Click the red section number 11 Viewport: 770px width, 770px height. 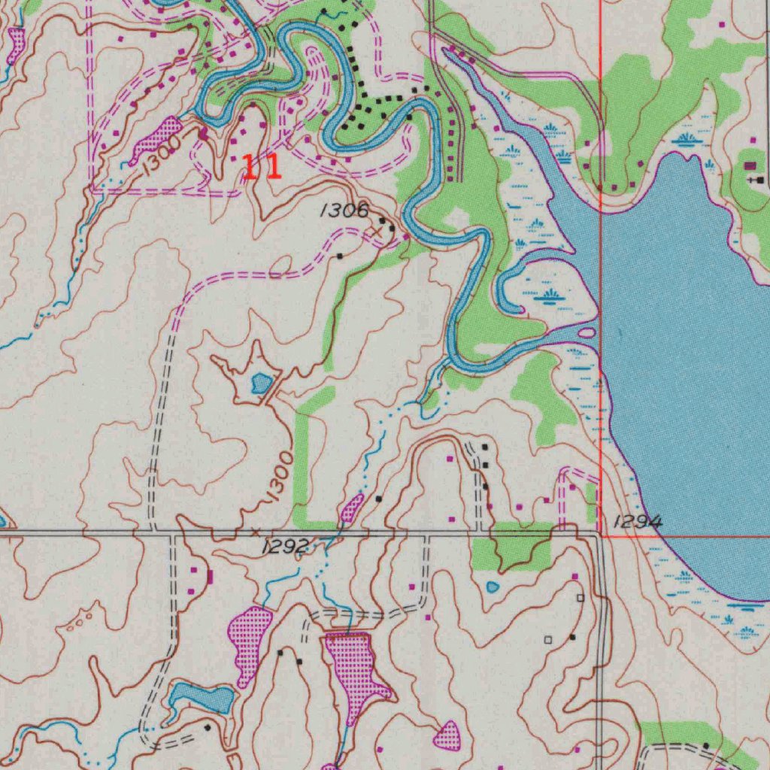click(x=261, y=166)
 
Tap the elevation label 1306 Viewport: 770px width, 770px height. click(x=344, y=211)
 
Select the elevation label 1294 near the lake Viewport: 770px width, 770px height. click(x=638, y=521)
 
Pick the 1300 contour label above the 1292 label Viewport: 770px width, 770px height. click(x=279, y=476)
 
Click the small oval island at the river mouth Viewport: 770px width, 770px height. click(x=585, y=332)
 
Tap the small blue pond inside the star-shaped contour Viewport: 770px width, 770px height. click(x=262, y=383)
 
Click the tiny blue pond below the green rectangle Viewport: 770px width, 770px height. click(x=493, y=587)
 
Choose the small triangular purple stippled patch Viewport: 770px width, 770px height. click(x=448, y=735)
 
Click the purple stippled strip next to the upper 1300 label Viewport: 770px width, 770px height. click(x=155, y=139)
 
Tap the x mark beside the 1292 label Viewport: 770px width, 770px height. click(x=256, y=532)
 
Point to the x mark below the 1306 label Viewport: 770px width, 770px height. click(x=378, y=232)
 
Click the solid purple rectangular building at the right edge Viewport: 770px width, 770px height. click(x=750, y=166)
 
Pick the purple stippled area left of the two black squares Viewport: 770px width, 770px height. click(x=250, y=643)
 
